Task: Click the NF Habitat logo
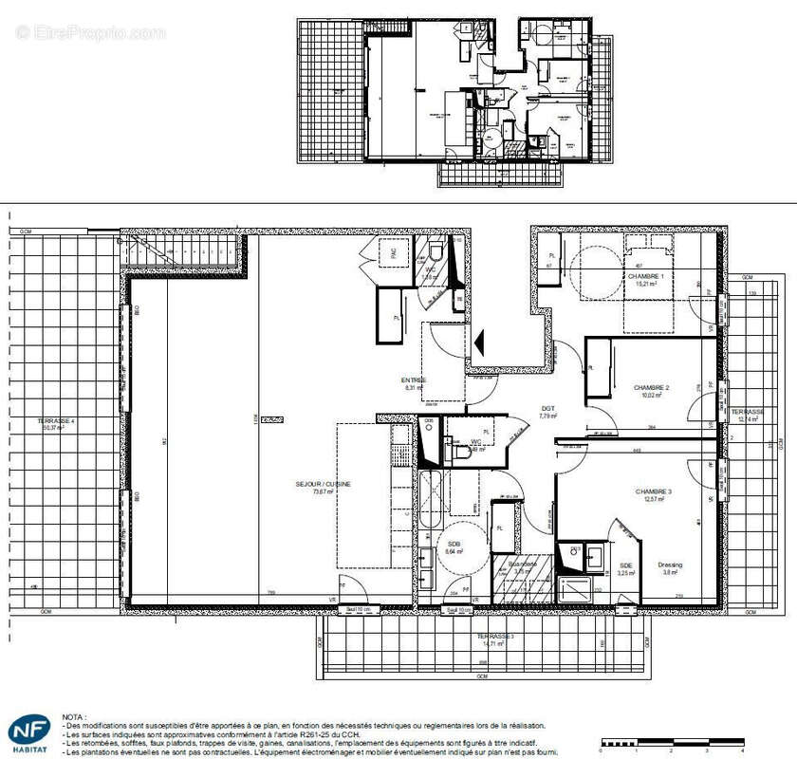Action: click(x=31, y=731)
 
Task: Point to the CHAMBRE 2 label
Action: click(x=652, y=388)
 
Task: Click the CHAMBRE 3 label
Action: click(x=654, y=491)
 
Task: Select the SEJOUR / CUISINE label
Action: click(x=323, y=484)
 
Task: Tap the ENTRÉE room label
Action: click(x=414, y=381)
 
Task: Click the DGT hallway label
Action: click(x=547, y=410)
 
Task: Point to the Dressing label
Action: click(x=670, y=565)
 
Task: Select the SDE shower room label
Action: click(x=626, y=566)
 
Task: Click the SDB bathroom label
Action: click(x=454, y=545)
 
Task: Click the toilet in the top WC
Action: click(x=436, y=250)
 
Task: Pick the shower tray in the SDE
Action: click(x=575, y=589)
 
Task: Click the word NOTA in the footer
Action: click(x=74, y=718)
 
